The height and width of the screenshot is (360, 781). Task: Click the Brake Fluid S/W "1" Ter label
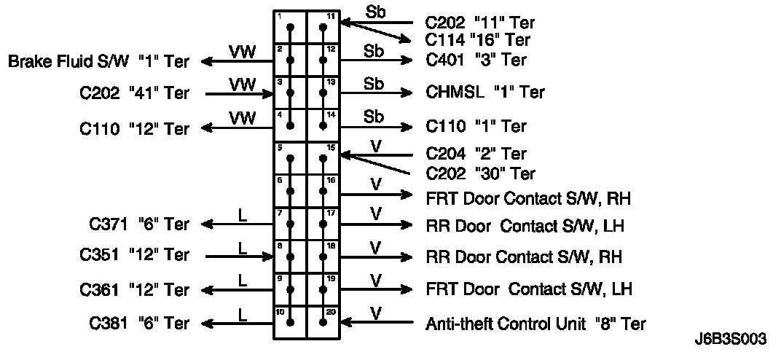98,61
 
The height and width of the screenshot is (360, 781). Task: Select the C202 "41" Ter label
135,93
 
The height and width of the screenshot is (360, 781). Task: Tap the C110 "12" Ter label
135,129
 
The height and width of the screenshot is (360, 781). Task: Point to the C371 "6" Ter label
139,224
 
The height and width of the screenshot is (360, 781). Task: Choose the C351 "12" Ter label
135,256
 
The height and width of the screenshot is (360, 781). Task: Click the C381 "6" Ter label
139,324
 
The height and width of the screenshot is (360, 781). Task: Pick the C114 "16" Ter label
477,40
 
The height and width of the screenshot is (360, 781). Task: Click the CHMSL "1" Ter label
484,93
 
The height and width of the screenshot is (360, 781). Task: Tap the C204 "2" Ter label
476,154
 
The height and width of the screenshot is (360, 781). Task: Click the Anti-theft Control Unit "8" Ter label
535,324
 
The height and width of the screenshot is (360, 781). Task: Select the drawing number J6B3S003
730,340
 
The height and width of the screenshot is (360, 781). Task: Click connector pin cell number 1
290,28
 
